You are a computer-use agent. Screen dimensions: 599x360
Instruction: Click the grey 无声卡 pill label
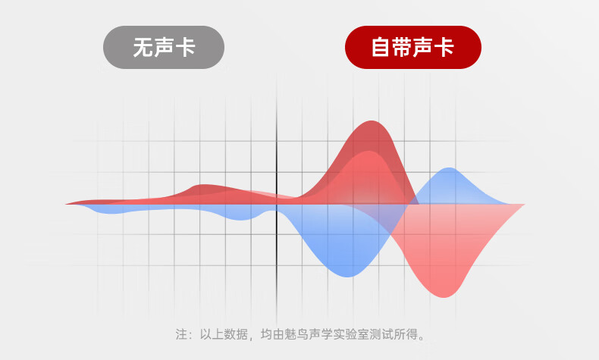(x=164, y=47)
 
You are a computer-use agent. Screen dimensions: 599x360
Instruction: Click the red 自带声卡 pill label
(x=413, y=47)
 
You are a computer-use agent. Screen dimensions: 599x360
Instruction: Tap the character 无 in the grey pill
(x=143, y=47)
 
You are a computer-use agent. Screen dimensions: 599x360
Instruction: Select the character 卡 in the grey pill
(x=185, y=47)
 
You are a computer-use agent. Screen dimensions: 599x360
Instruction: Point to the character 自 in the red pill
(x=381, y=47)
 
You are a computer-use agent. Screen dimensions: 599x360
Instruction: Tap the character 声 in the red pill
(x=423, y=47)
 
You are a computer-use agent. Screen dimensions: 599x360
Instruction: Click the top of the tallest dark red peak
(x=372, y=121)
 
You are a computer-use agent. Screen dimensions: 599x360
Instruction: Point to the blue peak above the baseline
(x=449, y=168)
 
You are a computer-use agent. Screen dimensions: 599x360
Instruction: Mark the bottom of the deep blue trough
(x=347, y=277)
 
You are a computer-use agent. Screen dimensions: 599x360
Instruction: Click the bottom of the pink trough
(x=444, y=297)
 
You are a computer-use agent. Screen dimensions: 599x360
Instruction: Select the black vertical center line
(x=277, y=199)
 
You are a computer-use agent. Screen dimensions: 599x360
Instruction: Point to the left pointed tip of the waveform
(x=66, y=204)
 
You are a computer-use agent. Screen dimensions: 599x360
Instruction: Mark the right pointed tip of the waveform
(x=525, y=205)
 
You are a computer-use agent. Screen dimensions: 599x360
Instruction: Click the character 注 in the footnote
(x=181, y=334)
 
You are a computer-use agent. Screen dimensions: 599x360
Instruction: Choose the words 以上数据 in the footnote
(x=224, y=334)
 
